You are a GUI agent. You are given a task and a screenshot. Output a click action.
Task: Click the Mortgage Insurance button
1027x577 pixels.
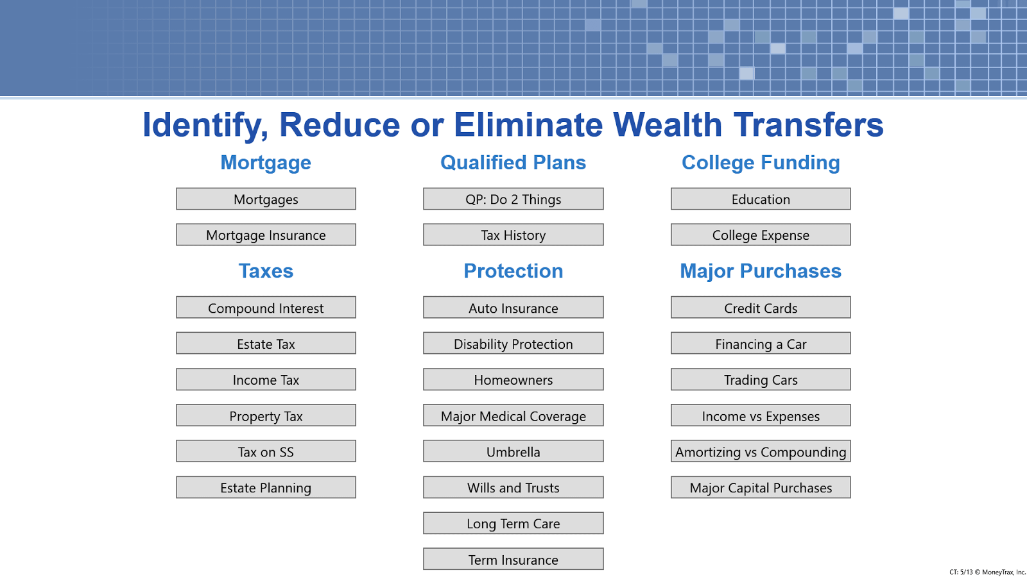click(x=266, y=235)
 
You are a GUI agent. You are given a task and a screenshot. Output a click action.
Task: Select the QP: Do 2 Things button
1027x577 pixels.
click(x=513, y=199)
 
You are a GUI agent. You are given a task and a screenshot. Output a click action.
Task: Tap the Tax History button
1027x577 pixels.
click(x=513, y=235)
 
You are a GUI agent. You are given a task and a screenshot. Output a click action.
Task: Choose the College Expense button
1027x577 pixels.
click(x=761, y=235)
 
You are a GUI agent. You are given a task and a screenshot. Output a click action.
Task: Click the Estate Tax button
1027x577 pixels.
click(x=266, y=343)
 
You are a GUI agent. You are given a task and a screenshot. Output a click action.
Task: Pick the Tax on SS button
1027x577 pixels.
click(x=266, y=451)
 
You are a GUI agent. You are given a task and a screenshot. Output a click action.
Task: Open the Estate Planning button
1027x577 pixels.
click(x=266, y=487)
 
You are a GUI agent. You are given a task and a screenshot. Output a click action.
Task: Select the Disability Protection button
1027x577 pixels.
click(x=513, y=343)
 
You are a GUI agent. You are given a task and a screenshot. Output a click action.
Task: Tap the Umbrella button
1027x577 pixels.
click(x=513, y=451)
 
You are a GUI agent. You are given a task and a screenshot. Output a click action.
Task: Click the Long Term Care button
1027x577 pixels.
click(x=513, y=523)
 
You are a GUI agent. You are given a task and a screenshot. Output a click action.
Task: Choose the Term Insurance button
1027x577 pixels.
click(x=513, y=559)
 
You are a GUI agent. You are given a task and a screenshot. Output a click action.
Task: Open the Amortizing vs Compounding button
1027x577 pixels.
click(x=761, y=451)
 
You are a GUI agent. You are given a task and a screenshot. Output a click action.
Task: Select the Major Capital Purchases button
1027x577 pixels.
click(x=761, y=487)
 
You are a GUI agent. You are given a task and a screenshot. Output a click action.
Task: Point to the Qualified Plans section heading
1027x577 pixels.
click(x=513, y=163)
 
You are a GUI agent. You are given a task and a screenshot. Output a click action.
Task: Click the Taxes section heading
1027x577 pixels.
click(x=266, y=271)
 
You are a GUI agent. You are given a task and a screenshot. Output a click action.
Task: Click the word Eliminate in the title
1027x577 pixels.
click(x=528, y=124)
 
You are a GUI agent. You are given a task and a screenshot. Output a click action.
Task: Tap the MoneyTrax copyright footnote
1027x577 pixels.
click(x=987, y=572)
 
